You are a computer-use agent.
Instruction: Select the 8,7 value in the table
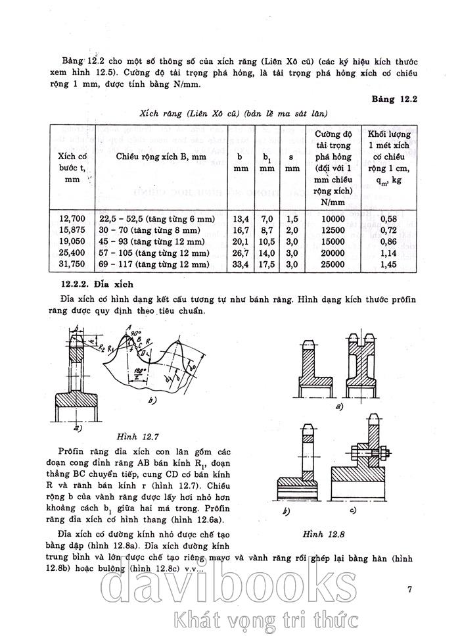[267, 230]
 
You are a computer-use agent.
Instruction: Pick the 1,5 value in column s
[292, 218]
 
